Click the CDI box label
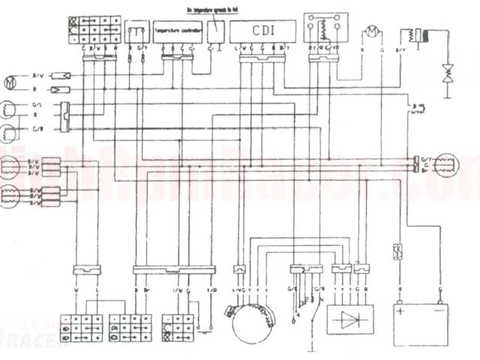[x=262, y=31]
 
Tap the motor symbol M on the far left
[x=10, y=79]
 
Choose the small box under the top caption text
[x=216, y=28]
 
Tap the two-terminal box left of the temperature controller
[x=137, y=32]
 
